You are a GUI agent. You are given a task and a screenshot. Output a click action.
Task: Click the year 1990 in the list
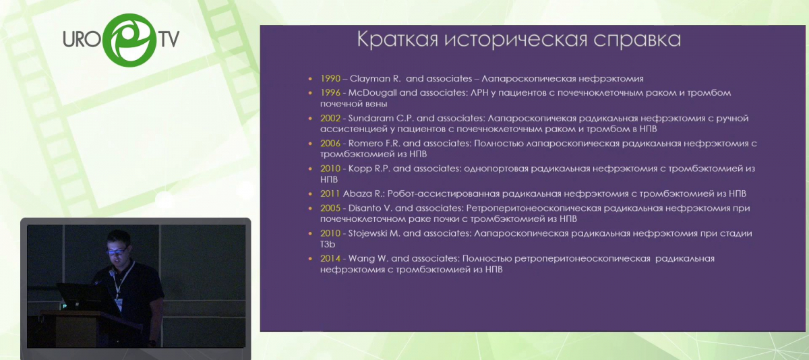pyautogui.click(x=330, y=78)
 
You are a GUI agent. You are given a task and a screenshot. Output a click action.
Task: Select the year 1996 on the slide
pyautogui.click(x=330, y=93)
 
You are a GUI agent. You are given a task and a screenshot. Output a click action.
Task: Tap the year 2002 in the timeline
pyautogui.click(x=330, y=118)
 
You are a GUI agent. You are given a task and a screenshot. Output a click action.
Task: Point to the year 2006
pyautogui.click(x=330, y=144)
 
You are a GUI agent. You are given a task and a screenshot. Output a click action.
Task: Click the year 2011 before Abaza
pyautogui.click(x=330, y=193)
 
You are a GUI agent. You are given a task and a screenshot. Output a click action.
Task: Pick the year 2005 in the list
pyautogui.click(x=330, y=208)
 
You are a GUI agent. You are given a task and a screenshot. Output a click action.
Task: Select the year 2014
pyautogui.click(x=330, y=258)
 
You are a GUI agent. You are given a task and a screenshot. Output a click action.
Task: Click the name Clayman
pyautogui.click(x=370, y=79)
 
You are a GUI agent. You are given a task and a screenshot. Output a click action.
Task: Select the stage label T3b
pyautogui.click(x=328, y=245)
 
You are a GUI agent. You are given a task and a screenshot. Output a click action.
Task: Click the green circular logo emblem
pyautogui.click(x=129, y=40)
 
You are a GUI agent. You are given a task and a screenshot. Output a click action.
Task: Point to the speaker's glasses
pyautogui.click(x=116, y=251)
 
